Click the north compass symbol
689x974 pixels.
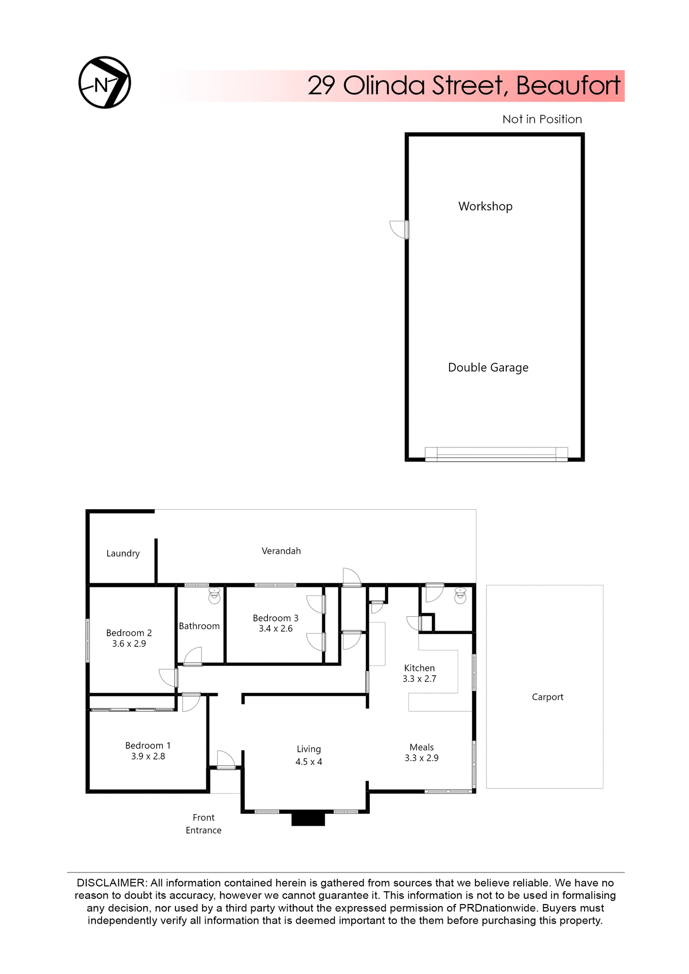[x=105, y=82]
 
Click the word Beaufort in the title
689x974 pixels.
[x=568, y=85]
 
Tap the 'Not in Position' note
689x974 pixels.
[x=542, y=119]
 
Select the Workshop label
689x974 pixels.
[x=485, y=206]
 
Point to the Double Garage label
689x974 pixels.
[x=488, y=367]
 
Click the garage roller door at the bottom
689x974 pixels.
[x=496, y=454]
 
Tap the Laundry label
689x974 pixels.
[x=123, y=553]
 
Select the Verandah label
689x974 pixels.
[x=281, y=550]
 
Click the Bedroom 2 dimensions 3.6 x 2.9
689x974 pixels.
[x=129, y=643]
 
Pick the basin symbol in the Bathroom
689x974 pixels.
[x=215, y=596]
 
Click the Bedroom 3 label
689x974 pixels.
[x=275, y=617]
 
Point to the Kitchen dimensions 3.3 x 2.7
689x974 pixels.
[x=419, y=679]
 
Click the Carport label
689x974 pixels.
[x=547, y=697]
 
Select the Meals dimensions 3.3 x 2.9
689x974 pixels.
[x=421, y=758]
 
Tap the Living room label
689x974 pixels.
[x=308, y=749]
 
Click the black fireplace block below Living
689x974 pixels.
[x=308, y=819]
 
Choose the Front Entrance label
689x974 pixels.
[x=203, y=824]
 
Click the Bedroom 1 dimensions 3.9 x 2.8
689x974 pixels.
[x=148, y=756]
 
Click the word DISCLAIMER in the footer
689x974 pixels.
[x=111, y=883]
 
